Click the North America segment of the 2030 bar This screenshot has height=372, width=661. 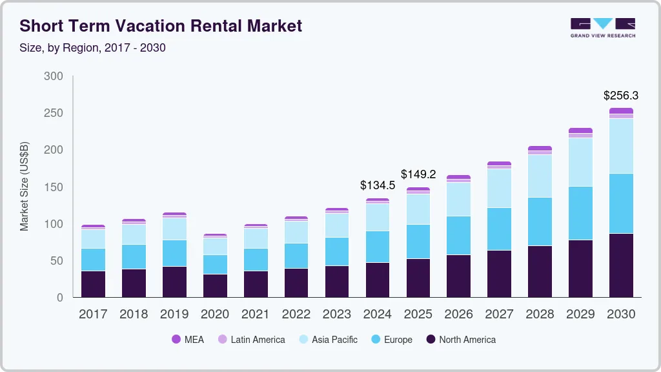click(621, 265)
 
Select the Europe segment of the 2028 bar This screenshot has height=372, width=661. click(540, 222)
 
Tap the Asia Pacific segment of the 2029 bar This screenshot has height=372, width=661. click(580, 162)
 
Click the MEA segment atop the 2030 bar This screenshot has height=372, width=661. click(621, 111)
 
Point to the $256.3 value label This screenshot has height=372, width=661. click(621, 96)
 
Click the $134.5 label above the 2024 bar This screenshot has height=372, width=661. click(378, 185)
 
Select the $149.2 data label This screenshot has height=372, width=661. click(418, 174)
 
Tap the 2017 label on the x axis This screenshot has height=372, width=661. click(93, 315)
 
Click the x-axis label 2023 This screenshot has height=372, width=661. click(337, 315)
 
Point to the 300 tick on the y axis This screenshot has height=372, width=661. click(54, 76)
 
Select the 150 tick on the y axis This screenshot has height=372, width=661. click(54, 187)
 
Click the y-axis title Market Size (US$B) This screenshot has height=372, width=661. click(25, 187)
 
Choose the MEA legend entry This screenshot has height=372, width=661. click(187, 340)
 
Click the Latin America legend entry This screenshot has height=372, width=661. click(251, 340)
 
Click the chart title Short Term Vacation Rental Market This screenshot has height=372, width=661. click(161, 26)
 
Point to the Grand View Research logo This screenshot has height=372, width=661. click(602, 27)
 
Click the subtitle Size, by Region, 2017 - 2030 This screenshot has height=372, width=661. click(92, 48)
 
